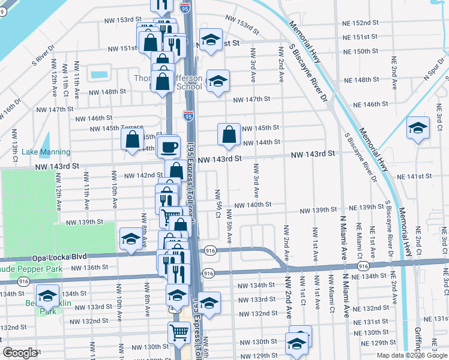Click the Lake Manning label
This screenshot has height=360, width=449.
coord(46,152)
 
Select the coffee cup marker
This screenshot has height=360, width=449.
coord(169,146)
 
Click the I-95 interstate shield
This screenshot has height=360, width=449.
coord(188,113)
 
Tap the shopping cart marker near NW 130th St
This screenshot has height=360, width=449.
coord(178,331)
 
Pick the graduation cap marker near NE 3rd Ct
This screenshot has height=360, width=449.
coord(418,128)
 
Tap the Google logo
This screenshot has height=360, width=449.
coord(20,353)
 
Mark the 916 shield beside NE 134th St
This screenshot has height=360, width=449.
coord(363,265)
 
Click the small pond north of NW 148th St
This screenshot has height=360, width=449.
coord(98,75)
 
